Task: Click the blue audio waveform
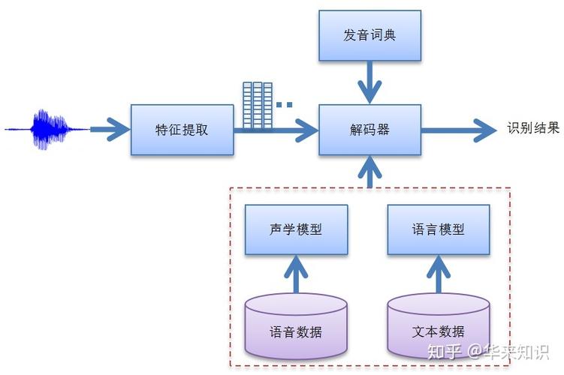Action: point(48,129)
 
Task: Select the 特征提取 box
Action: point(182,130)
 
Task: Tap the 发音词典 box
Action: point(369,35)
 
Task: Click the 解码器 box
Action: point(369,130)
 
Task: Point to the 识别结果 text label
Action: point(533,128)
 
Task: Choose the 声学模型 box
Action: point(296,229)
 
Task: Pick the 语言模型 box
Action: point(439,229)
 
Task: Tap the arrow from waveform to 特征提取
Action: point(110,130)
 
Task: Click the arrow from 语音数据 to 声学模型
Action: point(296,274)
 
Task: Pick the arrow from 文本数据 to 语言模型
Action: point(439,274)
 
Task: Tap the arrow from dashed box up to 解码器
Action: point(369,171)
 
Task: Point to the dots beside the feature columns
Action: point(284,105)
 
